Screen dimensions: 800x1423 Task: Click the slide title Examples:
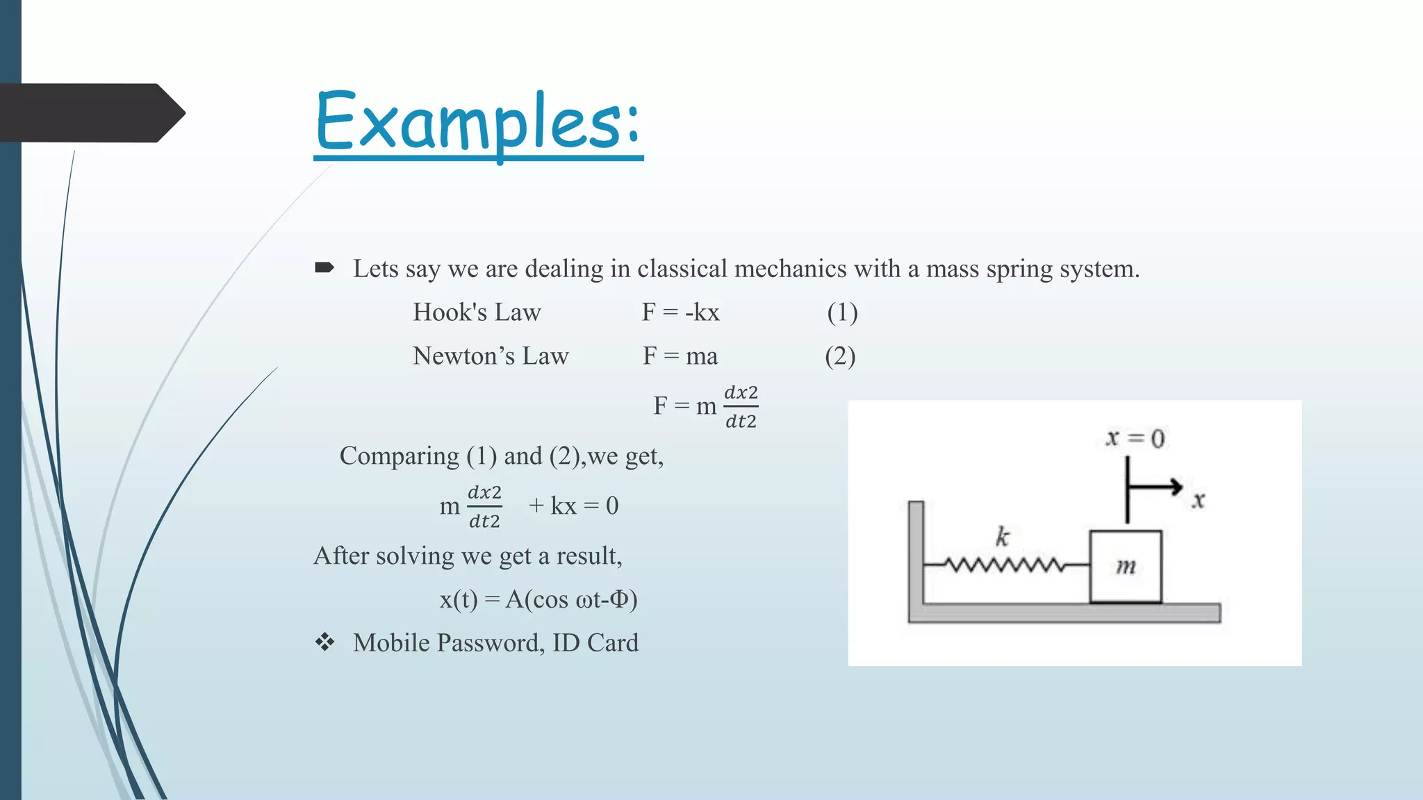(x=478, y=122)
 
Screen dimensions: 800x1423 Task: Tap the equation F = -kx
(x=680, y=312)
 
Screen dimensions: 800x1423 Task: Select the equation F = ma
(x=680, y=356)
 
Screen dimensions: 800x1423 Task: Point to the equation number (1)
(x=842, y=312)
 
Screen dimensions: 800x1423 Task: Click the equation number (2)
(x=840, y=356)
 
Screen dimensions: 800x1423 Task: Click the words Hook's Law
(x=477, y=312)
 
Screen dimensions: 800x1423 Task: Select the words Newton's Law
(x=491, y=356)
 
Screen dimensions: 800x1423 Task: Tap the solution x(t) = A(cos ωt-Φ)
(x=538, y=599)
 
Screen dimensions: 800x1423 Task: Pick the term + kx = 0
(x=573, y=506)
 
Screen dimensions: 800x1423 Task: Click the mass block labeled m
(x=1125, y=567)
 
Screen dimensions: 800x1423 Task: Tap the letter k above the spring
(x=1002, y=536)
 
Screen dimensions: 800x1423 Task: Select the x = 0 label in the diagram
(x=1135, y=438)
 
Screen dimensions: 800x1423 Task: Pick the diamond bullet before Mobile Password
(x=324, y=642)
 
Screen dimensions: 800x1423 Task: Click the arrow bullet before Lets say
(x=324, y=268)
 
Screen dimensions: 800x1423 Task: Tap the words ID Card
(x=595, y=643)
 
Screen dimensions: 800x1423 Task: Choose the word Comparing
(x=399, y=456)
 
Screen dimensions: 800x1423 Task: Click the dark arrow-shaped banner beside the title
(x=90, y=113)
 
